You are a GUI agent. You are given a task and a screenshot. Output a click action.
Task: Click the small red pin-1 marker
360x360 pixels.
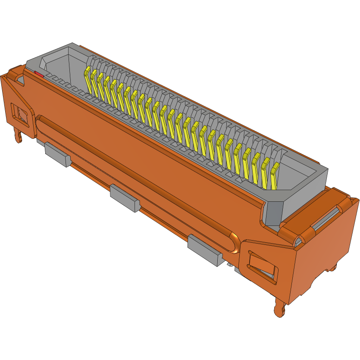[39, 75]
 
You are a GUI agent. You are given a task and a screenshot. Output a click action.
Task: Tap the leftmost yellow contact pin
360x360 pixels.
[88, 80]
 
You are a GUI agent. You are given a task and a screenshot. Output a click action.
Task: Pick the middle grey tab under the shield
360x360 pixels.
[125, 198]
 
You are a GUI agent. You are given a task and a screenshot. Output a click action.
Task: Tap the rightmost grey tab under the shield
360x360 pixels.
[205, 250]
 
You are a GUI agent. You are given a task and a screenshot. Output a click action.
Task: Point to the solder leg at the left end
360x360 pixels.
[18, 135]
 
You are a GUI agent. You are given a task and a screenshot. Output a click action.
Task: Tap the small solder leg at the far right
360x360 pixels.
[333, 267]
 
